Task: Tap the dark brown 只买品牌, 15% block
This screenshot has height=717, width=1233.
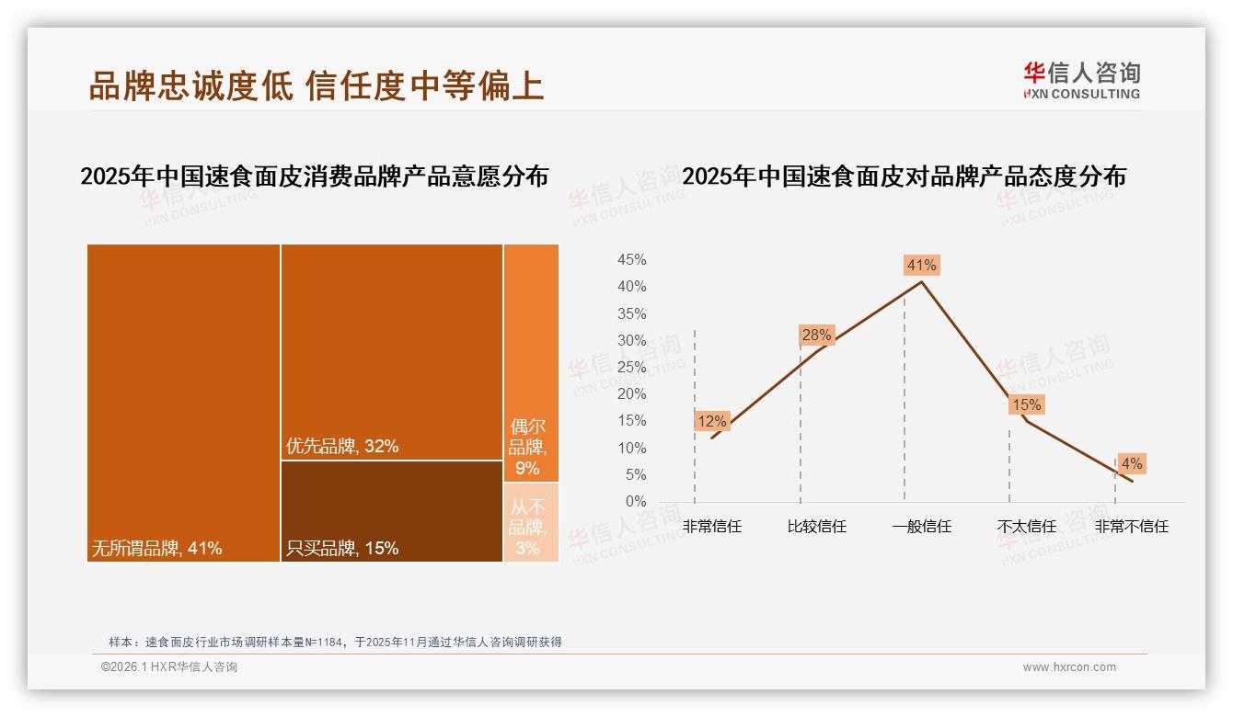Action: pyautogui.click(x=391, y=510)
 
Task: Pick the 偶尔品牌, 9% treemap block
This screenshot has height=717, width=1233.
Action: pyautogui.click(x=531, y=362)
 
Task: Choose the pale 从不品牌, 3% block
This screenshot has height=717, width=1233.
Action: pyautogui.click(x=531, y=521)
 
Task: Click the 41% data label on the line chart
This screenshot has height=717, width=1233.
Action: pyautogui.click(x=921, y=266)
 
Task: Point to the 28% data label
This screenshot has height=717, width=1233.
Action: pyautogui.click(x=816, y=336)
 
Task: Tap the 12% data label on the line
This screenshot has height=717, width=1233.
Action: pyautogui.click(x=711, y=422)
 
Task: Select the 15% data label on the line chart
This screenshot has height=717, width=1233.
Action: pyautogui.click(x=1026, y=405)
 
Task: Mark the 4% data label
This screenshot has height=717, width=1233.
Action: pyautogui.click(x=1131, y=464)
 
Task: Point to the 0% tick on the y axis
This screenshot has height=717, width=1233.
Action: pyautogui.click(x=636, y=502)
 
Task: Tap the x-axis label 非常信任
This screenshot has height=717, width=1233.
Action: pyautogui.click(x=711, y=527)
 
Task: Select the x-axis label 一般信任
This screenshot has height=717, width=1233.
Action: pyautogui.click(x=921, y=527)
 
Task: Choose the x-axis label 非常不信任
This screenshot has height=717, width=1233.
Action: pyautogui.click(x=1131, y=527)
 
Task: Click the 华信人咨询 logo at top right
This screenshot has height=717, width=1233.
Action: pyautogui.click(x=1081, y=80)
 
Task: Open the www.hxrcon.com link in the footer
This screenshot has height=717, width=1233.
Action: pyautogui.click(x=1069, y=667)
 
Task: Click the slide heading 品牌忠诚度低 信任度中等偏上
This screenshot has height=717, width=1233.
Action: pyautogui.click(x=317, y=86)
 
